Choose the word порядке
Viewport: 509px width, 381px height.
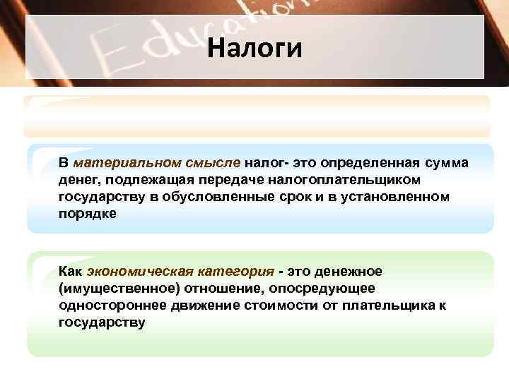pyautogui.click(x=86, y=213)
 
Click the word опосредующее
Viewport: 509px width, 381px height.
pyautogui.click(x=327, y=288)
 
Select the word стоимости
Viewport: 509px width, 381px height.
pyautogui.click(x=269, y=305)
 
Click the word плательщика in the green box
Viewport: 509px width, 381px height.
pyautogui.click(x=384, y=305)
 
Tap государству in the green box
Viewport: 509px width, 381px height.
pyautogui.click(x=102, y=322)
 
